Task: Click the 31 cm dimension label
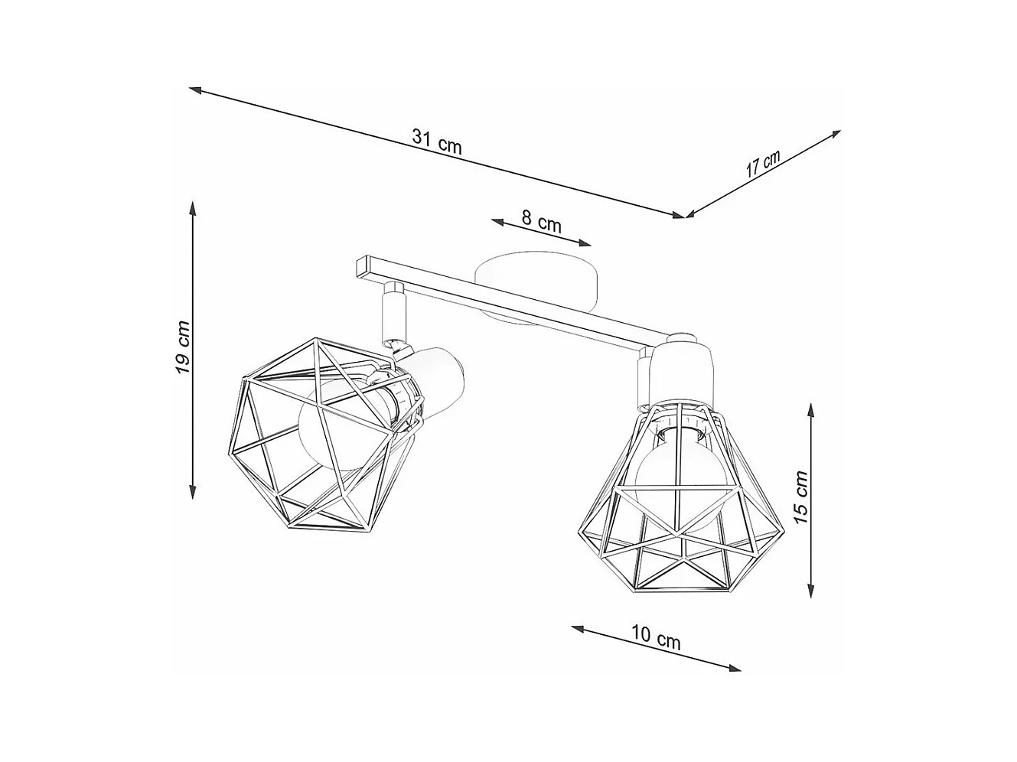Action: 437,141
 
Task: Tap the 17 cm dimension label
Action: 763,164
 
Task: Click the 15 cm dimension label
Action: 800,498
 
